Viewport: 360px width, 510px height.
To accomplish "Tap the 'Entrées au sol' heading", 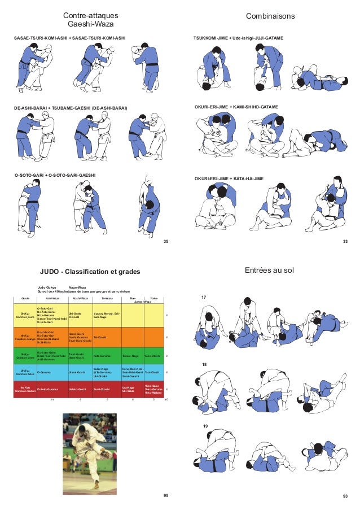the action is (x=269, y=271).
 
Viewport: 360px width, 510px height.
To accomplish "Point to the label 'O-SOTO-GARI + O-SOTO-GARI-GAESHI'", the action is (x=55, y=175).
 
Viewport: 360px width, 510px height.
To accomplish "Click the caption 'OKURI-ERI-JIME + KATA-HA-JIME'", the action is (x=236, y=178).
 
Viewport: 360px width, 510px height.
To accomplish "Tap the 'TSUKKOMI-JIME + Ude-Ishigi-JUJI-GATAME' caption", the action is (x=238, y=37).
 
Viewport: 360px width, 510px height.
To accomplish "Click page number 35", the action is (x=166, y=242).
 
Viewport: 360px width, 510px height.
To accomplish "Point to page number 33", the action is (x=345, y=242).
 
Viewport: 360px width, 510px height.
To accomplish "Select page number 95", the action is (x=166, y=495).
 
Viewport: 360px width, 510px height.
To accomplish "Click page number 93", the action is (x=345, y=495).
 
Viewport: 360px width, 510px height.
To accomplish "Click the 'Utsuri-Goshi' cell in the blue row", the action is (x=77, y=372).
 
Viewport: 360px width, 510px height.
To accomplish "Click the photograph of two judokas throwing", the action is (x=89, y=451).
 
